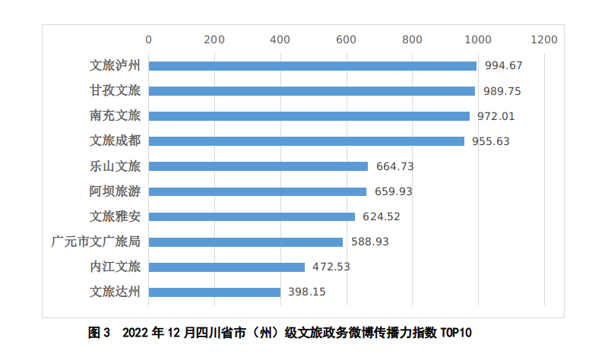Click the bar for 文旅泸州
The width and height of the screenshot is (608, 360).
[312, 66]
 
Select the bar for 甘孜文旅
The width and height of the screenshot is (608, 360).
[311, 91]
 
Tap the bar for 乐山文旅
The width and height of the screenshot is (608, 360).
[258, 166]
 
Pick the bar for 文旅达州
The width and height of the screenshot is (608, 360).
[214, 292]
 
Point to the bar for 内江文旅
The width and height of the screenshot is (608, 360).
[226, 267]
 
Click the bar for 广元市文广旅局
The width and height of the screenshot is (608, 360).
[245, 242]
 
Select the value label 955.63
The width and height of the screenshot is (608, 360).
[490, 141]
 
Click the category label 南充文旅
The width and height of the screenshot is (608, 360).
[115, 116]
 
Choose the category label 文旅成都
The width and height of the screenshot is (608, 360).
[115, 141]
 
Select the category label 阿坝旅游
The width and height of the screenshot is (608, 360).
[115, 191]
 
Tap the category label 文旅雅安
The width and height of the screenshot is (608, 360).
[115, 216]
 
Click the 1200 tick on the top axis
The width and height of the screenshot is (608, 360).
[544, 39]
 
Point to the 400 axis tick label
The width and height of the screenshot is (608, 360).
[280, 39]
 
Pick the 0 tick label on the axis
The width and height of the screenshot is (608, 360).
[148, 39]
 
